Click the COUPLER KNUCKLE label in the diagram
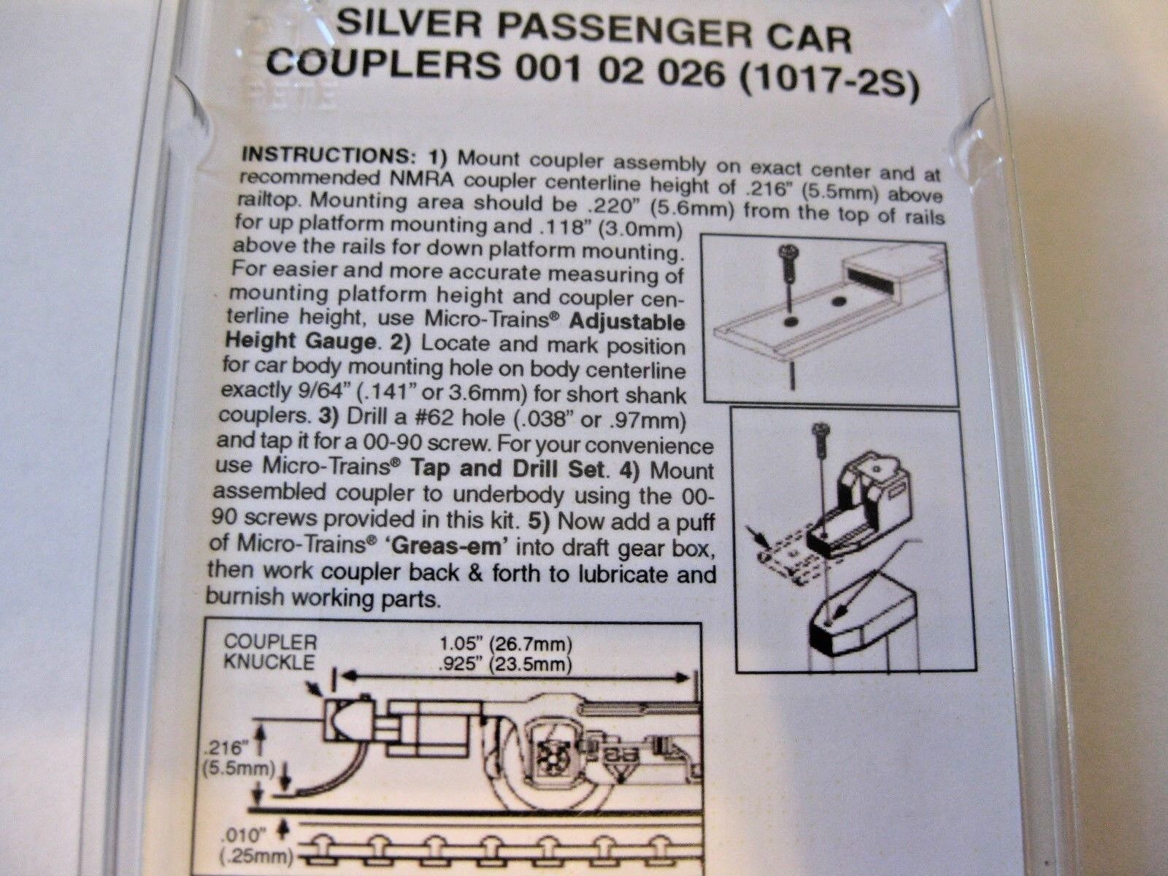[x=270, y=652]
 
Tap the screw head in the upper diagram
[x=786, y=250]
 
